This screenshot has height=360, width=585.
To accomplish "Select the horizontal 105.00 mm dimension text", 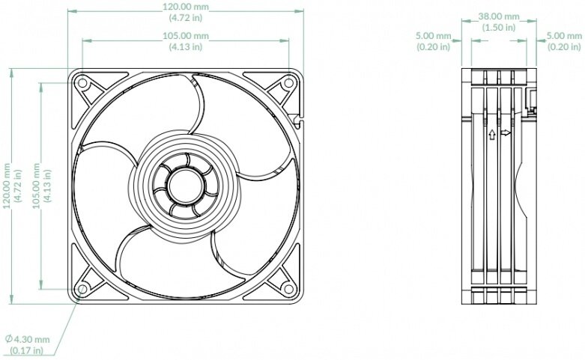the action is pos(185,36).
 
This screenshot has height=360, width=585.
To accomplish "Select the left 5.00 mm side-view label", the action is pos(434,35).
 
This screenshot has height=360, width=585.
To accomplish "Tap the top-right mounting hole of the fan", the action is pos(288,84).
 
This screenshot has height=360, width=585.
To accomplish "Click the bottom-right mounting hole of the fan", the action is pos(288,287).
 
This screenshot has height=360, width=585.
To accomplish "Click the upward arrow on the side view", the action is pos(491,135).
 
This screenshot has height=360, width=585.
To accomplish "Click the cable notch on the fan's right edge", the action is pos(298,117).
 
